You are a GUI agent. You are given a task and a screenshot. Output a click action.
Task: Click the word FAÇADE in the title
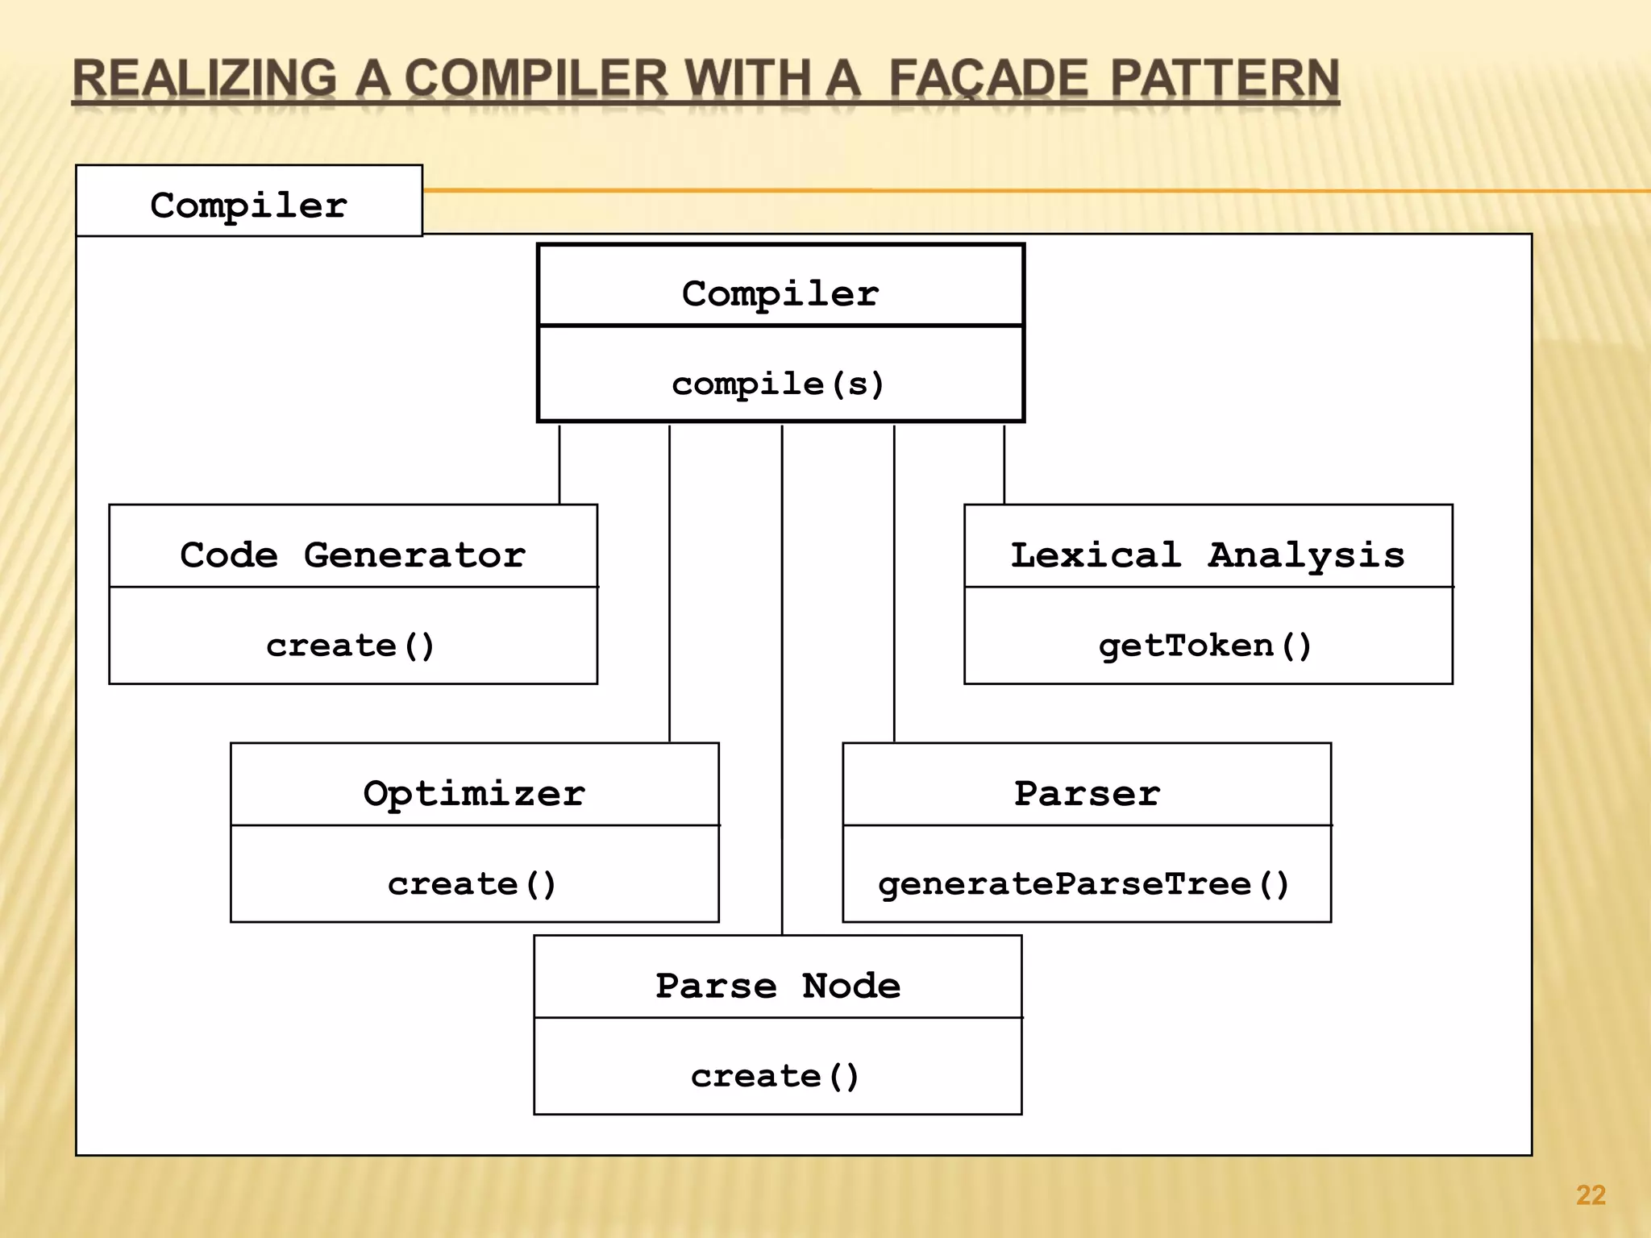point(988,79)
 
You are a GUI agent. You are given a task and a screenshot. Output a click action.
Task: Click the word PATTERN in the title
point(1225,79)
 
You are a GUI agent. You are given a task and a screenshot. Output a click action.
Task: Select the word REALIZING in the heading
point(204,79)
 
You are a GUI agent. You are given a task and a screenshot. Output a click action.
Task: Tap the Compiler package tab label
point(248,205)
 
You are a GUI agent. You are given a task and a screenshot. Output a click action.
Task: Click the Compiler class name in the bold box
point(780,293)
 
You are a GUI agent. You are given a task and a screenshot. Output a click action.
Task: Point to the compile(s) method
point(779,384)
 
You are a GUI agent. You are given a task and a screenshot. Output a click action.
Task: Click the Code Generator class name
point(352,555)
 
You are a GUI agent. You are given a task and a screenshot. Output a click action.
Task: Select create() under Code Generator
point(351,646)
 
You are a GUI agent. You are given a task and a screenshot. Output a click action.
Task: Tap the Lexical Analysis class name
point(1208,555)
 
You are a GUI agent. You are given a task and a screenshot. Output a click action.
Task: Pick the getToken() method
point(1205,646)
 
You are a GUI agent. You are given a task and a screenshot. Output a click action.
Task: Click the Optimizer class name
point(474,793)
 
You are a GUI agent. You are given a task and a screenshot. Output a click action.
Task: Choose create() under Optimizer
point(472,884)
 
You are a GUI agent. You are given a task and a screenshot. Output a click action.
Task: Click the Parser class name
point(1087,793)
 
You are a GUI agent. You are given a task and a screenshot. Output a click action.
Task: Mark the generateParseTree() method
point(1084,884)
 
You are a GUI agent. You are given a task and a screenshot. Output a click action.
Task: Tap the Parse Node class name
point(778,985)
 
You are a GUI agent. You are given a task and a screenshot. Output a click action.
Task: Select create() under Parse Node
point(776,1076)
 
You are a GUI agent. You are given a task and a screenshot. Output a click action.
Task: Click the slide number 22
point(1591,1194)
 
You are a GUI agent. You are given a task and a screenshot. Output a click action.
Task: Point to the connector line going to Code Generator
point(559,463)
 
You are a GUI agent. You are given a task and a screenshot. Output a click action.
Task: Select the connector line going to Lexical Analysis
point(1004,463)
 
